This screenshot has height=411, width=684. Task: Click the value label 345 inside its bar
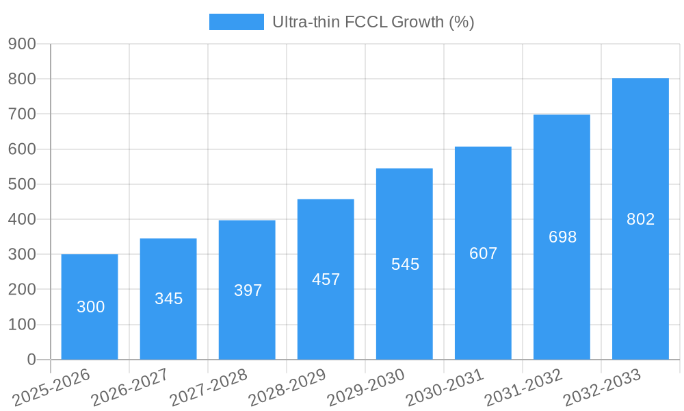[x=168, y=299]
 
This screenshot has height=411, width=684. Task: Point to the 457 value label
[x=326, y=279]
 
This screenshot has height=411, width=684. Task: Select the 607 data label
[x=483, y=253]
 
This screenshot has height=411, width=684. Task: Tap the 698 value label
[x=562, y=237]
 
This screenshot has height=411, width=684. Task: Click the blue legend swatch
[x=236, y=22]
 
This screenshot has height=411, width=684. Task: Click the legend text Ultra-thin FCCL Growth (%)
[x=373, y=22]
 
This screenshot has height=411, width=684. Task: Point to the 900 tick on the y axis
[x=22, y=44]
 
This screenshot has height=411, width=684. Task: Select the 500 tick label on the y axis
[x=22, y=184]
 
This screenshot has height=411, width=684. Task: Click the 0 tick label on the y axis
[x=31, y=360]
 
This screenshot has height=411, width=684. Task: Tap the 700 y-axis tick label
[x=22, y=114]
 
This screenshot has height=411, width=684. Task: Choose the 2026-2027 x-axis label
[x=130, y=387]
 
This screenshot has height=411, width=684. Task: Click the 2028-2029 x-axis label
[x=287, y=387]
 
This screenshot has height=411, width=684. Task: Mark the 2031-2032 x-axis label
[x=523, y=387]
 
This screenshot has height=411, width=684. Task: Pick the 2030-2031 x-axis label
[x=445, y=387]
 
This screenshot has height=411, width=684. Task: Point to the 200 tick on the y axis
[x=22, y=289]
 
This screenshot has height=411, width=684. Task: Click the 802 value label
[x=640, y=219]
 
